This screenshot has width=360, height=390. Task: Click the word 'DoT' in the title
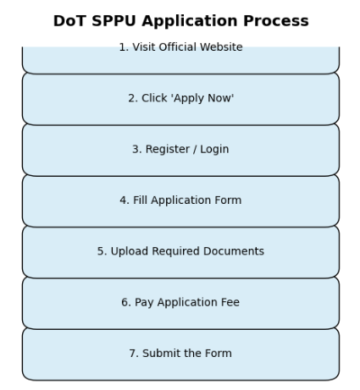coord(69,21)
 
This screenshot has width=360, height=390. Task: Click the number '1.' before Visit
coord(124,47)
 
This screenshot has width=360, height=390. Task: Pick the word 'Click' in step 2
coord(154,98)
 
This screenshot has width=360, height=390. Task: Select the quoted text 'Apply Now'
coord(202,98)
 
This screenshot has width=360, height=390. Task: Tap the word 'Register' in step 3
coord(168,150)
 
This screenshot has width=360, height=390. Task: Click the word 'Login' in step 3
coord(214,150)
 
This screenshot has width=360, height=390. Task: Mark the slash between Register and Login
coord(195,150)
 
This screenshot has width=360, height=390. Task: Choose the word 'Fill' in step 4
coord(140,200)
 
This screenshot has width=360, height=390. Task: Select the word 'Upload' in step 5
coord(130,251)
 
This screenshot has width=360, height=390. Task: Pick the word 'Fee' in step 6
coord(230,302)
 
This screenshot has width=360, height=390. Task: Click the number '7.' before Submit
coord(134,354)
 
